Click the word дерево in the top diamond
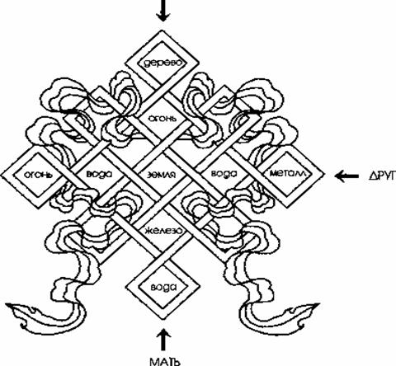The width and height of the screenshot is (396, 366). [163, 63]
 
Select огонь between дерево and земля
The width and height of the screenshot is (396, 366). [162, 119]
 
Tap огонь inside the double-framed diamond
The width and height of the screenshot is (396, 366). [38, 175]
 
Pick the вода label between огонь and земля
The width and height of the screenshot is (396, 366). [99, 175]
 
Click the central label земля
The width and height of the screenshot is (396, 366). [161, 175]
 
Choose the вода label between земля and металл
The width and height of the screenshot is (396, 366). [224, 173]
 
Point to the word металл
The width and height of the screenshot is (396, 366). [287, 173]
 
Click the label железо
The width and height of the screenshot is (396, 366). [163, 230]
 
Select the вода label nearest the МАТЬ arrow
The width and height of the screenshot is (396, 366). [163, 287]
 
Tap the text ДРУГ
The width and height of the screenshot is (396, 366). [382, 176]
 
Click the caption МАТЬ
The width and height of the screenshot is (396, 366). [165, 360]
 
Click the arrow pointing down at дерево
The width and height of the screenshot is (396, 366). [163, 11]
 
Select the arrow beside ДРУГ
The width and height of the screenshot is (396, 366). [346, 176]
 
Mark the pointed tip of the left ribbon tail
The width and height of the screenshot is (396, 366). [6, 303]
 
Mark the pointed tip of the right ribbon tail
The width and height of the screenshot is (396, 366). [319, 303]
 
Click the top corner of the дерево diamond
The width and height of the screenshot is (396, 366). [162, 30]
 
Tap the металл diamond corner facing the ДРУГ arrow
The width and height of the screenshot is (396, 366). [323, 174]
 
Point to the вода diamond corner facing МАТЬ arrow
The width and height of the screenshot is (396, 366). [163, 320]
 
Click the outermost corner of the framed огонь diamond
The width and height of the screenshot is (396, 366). [1, 175]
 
